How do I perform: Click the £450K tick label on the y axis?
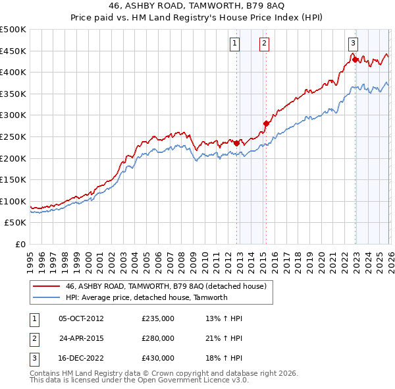[x=13, y=51]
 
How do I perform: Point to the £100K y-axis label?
[x=13, y=201]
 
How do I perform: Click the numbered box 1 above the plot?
[x=235, y=44]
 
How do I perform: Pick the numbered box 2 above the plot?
[x=264, y=44]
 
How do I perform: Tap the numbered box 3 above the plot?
[x=353, y=43]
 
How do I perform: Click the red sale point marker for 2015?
[x=266, y=123]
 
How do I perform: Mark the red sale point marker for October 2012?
[x=236, y=142]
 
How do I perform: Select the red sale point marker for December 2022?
[x=355, y=59]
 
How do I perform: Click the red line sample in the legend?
[x=46, y=287]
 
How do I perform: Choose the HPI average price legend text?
[x=146, y=297]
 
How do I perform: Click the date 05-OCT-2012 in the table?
[x=81, y=318]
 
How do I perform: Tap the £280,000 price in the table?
[x=158, y=338]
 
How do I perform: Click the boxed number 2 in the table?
[x=32, y=338]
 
